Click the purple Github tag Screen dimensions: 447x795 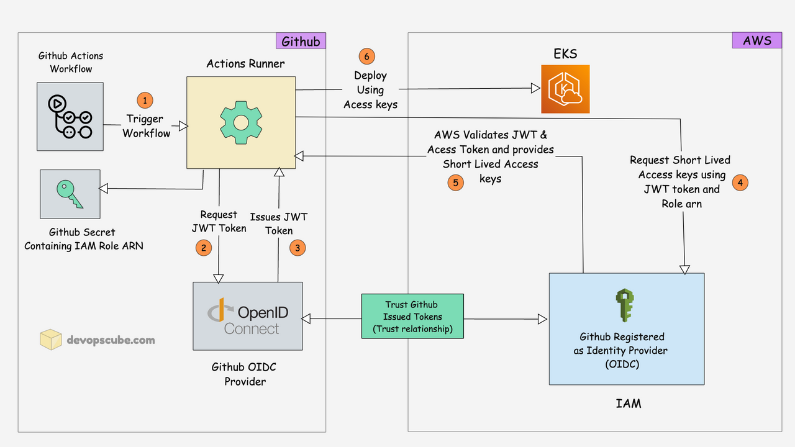coord(301,41)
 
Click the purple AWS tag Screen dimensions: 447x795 coord(756,40)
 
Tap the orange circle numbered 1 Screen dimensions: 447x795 coord(144,100)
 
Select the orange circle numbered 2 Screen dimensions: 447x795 coord(203,248)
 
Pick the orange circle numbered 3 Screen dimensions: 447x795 coord(298,248)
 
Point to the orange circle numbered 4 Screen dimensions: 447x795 coord(740,183)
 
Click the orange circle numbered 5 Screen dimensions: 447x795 coord(455,183)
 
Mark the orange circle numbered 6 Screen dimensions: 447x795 coord(367,56)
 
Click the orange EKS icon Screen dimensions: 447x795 coord(565,89)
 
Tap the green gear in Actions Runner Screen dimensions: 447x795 coord(241,122)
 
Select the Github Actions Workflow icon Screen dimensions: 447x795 coord(70,116)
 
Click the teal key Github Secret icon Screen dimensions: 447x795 coord(70,193)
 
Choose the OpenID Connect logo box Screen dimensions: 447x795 coord(248,316)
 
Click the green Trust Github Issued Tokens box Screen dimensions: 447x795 coord(412,317)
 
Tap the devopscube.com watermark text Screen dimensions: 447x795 coord(111,340)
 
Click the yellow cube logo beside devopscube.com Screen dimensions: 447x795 coord(51,339)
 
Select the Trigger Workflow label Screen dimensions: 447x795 coord(146,126)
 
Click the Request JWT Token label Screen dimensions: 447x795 coord(219,222)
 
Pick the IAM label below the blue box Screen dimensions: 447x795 coord(629,404)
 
